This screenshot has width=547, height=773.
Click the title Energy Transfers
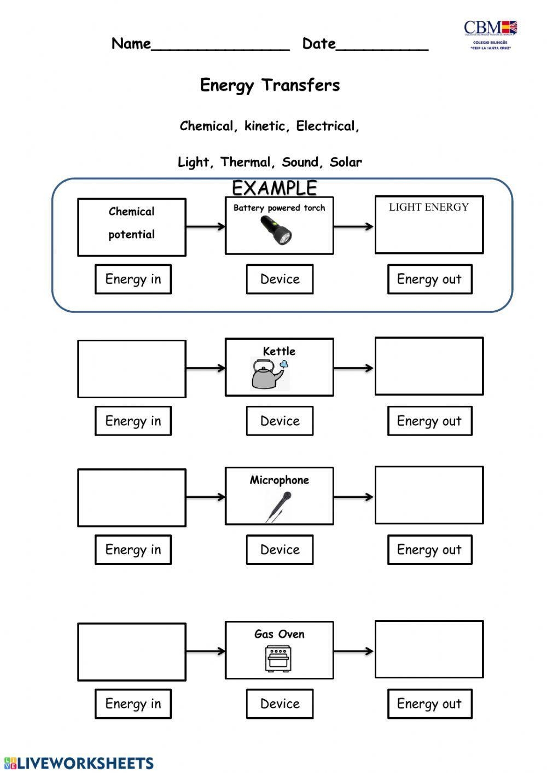pos(270,85)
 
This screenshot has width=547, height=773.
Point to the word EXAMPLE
pos(274,188)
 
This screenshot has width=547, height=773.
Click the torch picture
pos(277,230)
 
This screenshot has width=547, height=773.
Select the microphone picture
pos(278,507)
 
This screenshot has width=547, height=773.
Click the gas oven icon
pos(278,658)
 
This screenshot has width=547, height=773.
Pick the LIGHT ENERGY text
pos(428,207)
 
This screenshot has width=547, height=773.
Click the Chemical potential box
pos(131,227)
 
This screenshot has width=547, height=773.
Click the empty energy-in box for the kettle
pos(131,369)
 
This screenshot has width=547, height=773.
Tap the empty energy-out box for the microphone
pos(429,495)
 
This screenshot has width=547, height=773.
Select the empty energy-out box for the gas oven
pos(429,649)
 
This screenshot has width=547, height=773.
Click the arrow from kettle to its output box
pos(353,368)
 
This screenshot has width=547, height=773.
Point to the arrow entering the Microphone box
pos(205,497)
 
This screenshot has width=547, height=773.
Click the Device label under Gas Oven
pos(280,704)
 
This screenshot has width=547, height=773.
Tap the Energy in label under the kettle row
pos(133,421)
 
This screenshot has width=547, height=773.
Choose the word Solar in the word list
pos(346,162)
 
